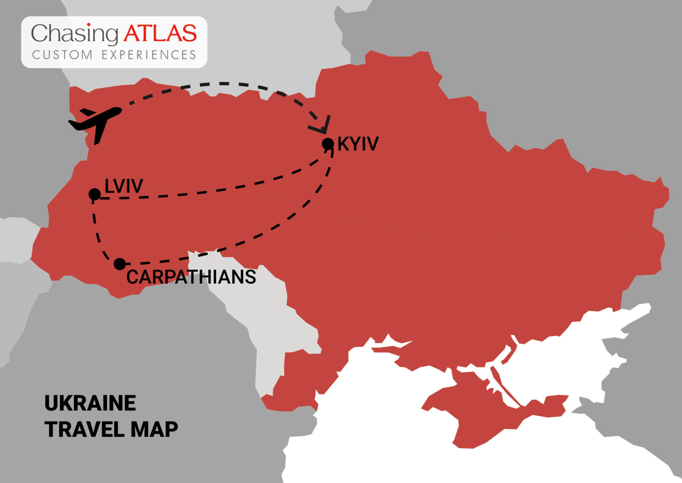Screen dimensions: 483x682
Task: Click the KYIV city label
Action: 358,144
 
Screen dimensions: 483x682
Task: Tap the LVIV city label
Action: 124,186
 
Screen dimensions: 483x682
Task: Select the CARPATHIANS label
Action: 191,277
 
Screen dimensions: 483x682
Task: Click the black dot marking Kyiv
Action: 328,144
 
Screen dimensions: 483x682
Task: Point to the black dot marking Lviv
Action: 94,194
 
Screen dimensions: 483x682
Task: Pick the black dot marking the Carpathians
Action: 120,264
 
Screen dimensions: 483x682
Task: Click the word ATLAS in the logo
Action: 160,33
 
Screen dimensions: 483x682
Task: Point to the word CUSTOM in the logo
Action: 62,55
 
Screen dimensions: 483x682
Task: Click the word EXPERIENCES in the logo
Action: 149,55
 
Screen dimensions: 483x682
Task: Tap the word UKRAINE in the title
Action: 90,403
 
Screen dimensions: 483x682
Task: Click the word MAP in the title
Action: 154,429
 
